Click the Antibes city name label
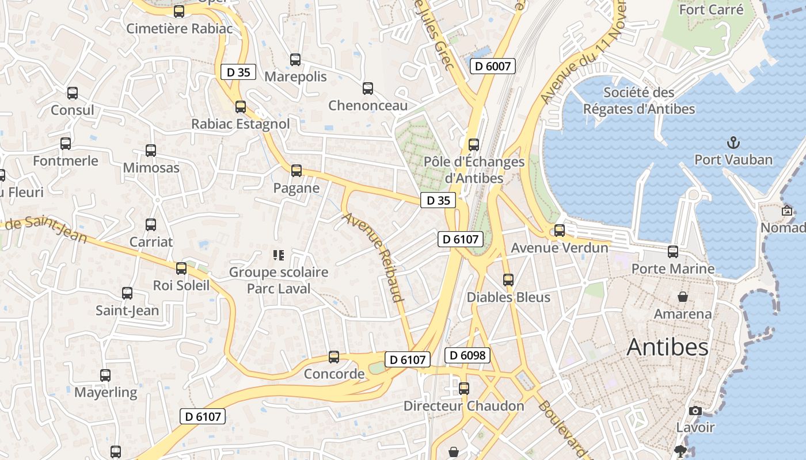[x=667, y=347]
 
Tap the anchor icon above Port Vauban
[x=733, y=142]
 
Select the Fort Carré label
[x=711, y=10]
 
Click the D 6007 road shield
[x=492, y=66]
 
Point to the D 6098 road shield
[x=467, y=355]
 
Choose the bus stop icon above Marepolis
[x=295, y=59]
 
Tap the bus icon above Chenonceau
[x=368, y=89]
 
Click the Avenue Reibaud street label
[x=372, y=257]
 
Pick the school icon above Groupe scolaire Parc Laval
[x=279, y=255]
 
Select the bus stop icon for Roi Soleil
[x=181, y=268]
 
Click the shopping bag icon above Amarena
[x=682, y=297]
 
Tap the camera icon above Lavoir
[x=695, y=411]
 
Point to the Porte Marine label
[x=673, y=269]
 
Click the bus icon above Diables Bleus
[x=508, y=280]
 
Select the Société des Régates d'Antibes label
[x=639, y=101]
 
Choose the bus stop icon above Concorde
[x=334, y=357]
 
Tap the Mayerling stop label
[x=106, y=393]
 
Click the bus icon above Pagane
[x=296, y=171]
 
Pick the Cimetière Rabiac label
[x=180, y=28]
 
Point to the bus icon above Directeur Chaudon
[x=464, y=389]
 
